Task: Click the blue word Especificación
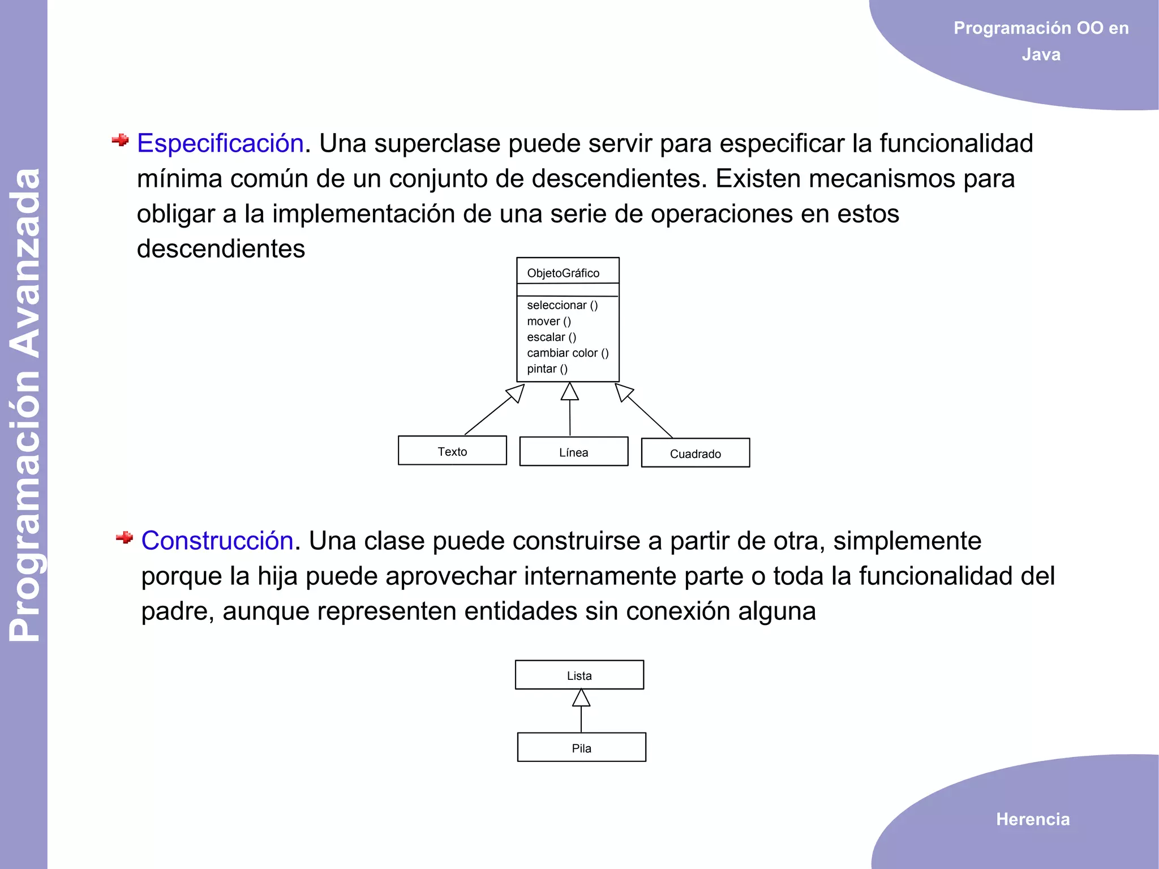pyautogui.click(x=220, y=143)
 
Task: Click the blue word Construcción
pyautogui.click(x=217, y=541)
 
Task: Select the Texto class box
pyautogui.click(x=452, y=451)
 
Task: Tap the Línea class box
pyautogui.click(x=573, y=452)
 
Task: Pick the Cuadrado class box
pyautogui.click(x=695, y=453)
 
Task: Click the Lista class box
pyautogui.click(x=579, y=675)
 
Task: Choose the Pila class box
pyautogui.click(x=581, y=747)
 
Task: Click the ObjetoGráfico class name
pyautogui.click(x=563, y=273)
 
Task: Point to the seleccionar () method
pyautogui.click(x=562, y=305)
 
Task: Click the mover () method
pyautogui.click(x=549, y=321)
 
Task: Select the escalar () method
pyautogui.click(x=551, y=337)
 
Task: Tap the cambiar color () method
pyautogui.click(x=568, y=353)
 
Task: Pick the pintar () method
pyautogui.click(x=547, y=369)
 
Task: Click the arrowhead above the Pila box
pyautogui.click(x=581, y=698)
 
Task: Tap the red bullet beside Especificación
pyautogui.click(x=120, y=140)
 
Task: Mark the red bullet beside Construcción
pyautogui.click(x=124, y=537)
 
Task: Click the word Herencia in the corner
pyautogui.click(x=1033, y=819)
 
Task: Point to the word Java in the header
pyautogui.click(x=1041, y=54)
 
